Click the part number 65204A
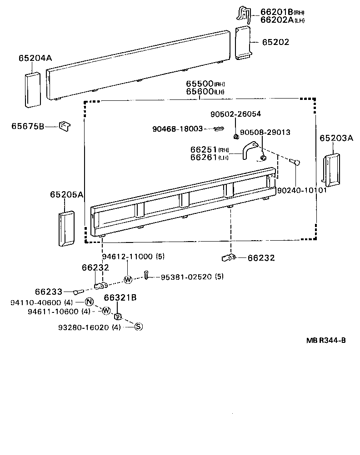click(x=35, y=58)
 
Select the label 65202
click(x=275, y=42)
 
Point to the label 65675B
click(x=28, y=126)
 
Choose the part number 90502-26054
click(x=235, y=114)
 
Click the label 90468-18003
click(x=177, y=129)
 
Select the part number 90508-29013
click(x=265, y=132)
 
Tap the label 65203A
click(x=336, y=138)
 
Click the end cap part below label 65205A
click(x=66, y=228)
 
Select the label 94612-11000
click(x=127, y=257)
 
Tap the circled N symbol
click(x=89, y=302)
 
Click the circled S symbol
click(x=139, y=326)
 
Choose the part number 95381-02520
click(x=185, y=277)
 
